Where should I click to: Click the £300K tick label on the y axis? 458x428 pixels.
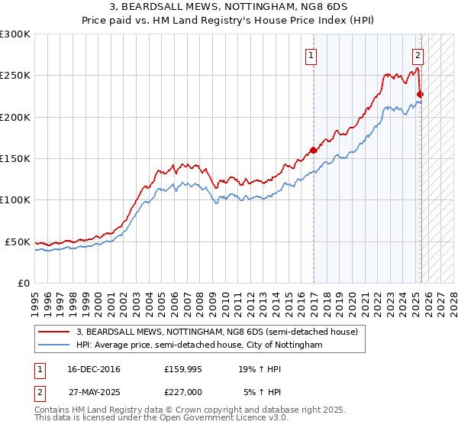(15, 34)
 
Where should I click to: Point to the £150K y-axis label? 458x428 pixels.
(15, 159)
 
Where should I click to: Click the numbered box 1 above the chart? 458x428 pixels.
(312, 55)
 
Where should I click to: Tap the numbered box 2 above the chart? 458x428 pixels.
(418, 55)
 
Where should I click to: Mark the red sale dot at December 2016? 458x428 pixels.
(313, 151)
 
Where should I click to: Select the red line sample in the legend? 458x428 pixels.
(53, 332)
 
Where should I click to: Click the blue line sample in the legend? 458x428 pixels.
(53, 345)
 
